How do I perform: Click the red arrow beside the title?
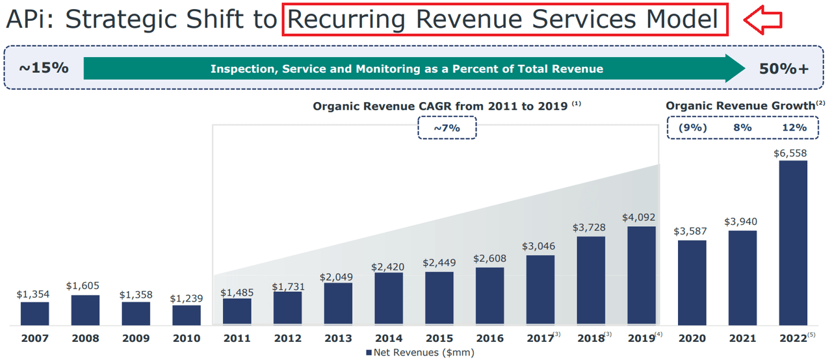click(x=762, y=21)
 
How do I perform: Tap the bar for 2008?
click(x=85, y=310)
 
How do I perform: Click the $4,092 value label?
click(x=642, y=217)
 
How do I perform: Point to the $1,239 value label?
click(x=187, y=298)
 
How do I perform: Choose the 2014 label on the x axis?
click(x=389, y=339)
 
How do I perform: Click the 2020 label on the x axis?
click(x=692, y=339)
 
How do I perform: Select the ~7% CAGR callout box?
click(x=447, y=128)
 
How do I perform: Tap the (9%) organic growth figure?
click(x=693, y=127)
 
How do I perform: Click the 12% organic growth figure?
click(x=793, y=127)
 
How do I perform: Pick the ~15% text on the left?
click(x=43, y=68)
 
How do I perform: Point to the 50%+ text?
click(x=784, y=68)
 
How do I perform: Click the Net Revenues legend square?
click(x=369, y=353)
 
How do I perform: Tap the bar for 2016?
click(x=489, y=296)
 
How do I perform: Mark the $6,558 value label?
click(x=792, y=153)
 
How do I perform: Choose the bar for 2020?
click(x=692, y=283)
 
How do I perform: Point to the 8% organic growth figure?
click(x=742, y=127)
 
